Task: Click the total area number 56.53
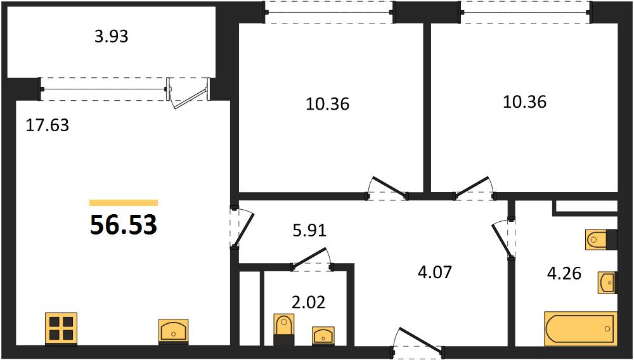[x=124, y=224]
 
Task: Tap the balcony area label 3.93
[x=111, y=37]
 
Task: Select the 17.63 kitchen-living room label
[x=48, y=126]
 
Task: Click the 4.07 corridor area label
[x=434, y=272]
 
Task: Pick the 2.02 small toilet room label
[x=308, y=302]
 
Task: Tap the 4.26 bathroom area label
[x=564, y=274]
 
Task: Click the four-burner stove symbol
[x=61, y=328]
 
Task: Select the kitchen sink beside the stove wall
[x=174, y=331]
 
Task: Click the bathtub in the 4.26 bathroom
[x=581, y=328]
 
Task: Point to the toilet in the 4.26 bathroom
[x=601, y=239]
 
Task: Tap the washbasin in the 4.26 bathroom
[x=608, y=283]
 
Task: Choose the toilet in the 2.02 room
[x=284, y=330]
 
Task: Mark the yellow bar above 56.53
[x=124, y=203]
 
